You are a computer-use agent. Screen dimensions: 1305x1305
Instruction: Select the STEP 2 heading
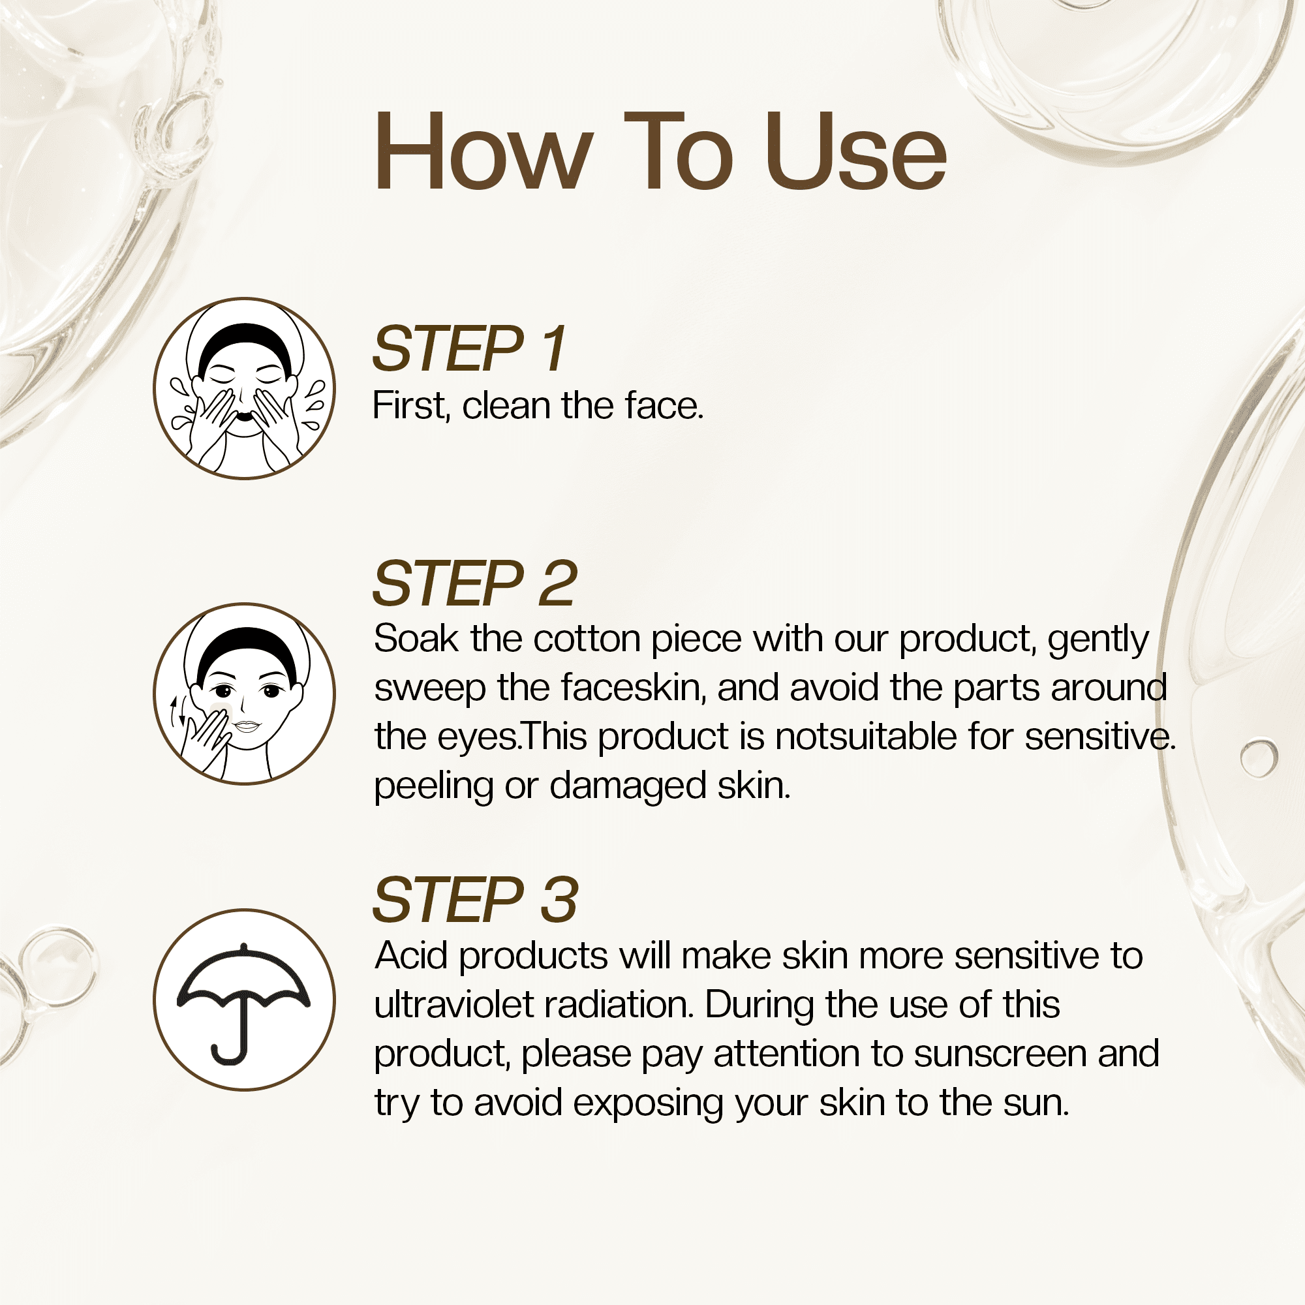point(475,583)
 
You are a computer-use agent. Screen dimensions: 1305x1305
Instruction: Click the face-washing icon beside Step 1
point(245,388)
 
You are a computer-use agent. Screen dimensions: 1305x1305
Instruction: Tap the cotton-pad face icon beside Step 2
point(245,694)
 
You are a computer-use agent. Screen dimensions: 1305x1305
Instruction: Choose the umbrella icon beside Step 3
point(245,1000)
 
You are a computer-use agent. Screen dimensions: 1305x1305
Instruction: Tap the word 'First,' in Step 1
point(411,406)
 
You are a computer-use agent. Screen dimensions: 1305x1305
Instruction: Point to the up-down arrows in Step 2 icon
point(177,711)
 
